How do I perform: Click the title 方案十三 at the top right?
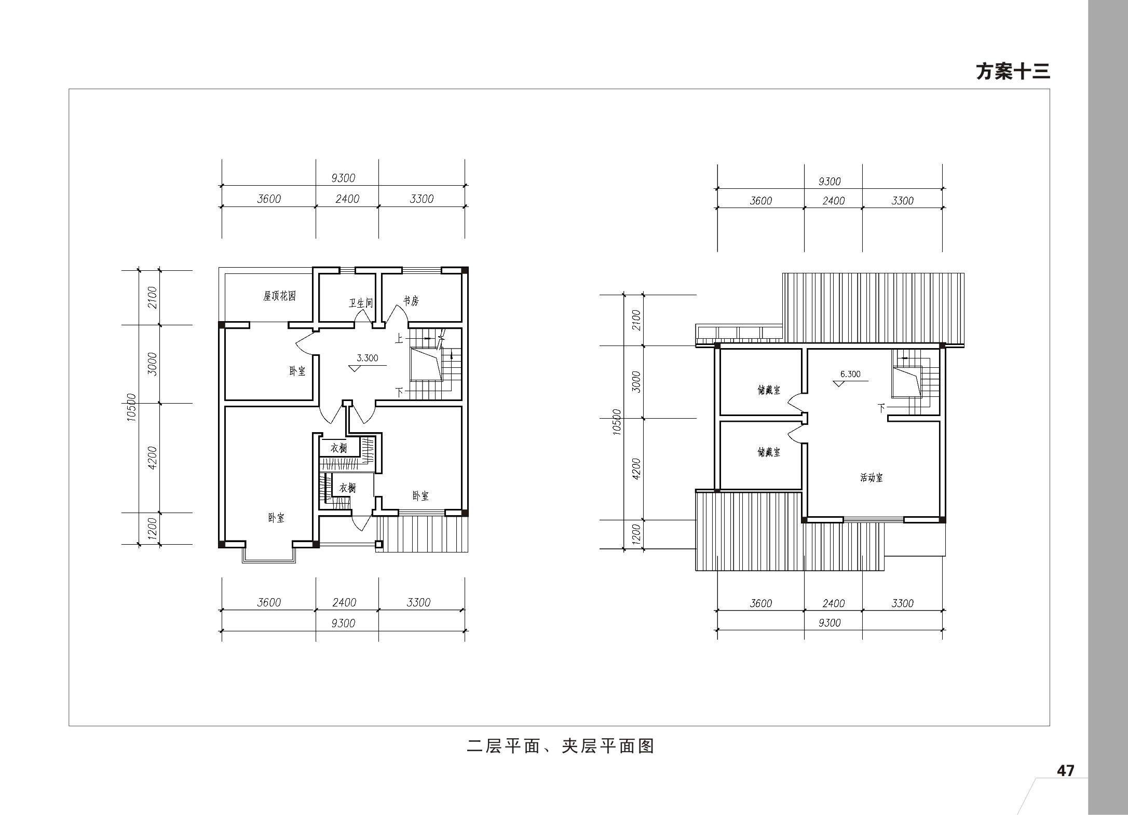1013,72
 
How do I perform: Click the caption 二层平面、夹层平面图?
561,746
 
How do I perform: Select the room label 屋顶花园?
279,296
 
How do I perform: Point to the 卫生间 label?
361,302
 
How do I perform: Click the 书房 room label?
411,300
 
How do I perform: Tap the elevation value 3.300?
368,358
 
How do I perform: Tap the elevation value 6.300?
850,374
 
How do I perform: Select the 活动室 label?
872,478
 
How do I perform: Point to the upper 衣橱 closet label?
339,447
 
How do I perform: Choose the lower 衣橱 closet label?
348,488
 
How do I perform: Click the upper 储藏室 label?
769,390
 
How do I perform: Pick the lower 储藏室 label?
769,452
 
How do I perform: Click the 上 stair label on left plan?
399,339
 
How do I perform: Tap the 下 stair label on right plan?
881,408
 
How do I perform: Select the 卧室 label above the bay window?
276,518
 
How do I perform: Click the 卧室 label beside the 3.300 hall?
297,371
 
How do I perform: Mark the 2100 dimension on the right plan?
637,320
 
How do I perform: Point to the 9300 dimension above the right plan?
830,182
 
